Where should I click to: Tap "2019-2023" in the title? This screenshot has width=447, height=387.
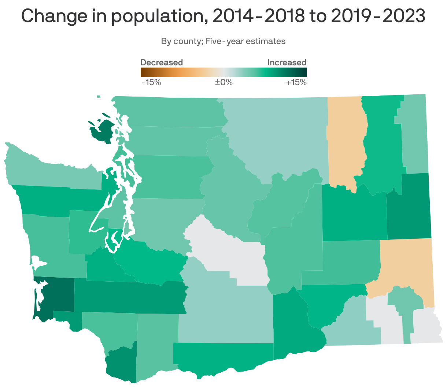pos(378,16)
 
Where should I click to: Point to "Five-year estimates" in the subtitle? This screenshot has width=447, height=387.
pos(245,41)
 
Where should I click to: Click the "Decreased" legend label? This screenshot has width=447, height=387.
pos(162,62)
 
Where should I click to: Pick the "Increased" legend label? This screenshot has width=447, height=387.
pos(287,62)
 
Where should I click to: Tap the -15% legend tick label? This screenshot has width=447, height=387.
pos(151,82)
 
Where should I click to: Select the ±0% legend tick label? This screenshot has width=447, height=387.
pos(223,82)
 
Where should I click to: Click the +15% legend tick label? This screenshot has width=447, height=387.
pos(296,82)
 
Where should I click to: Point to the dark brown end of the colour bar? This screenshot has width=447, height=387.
pos(143,72)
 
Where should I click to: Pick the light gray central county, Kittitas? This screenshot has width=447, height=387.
pos(227,253)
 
